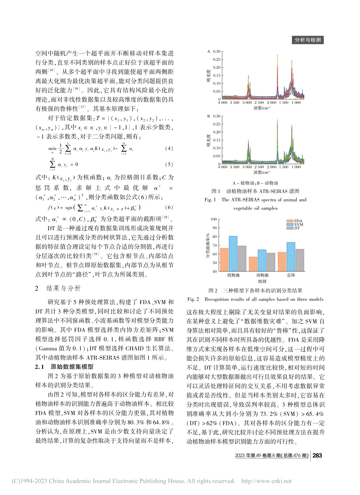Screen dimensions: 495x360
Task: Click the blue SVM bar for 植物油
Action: [x=233, y=253]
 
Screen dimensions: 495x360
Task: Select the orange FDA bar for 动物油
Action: [x=253, y=264]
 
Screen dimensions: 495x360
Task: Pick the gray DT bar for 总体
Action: [x=300, y=260]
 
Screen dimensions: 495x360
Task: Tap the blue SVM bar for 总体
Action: [x=291, y=256]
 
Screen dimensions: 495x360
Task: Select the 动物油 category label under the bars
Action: [x=262, y=275]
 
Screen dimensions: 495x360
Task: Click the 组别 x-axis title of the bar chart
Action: [x=262, y=281]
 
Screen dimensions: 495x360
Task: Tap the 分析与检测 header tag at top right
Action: [x=308, y=40]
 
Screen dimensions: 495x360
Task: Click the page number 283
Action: [x=317, y=455]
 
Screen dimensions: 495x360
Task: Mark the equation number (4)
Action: [x=169, y=149]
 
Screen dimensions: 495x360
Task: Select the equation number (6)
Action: [x=169, y=207]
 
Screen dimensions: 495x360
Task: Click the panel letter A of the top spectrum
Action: [x=208, y=51]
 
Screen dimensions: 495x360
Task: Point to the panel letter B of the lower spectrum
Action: [x=208, y=116]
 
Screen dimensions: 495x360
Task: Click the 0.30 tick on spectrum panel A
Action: [x=216, y=51]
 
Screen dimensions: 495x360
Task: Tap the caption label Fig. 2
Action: [x=193, y=299]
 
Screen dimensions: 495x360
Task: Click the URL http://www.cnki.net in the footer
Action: [x=266, y=481]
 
